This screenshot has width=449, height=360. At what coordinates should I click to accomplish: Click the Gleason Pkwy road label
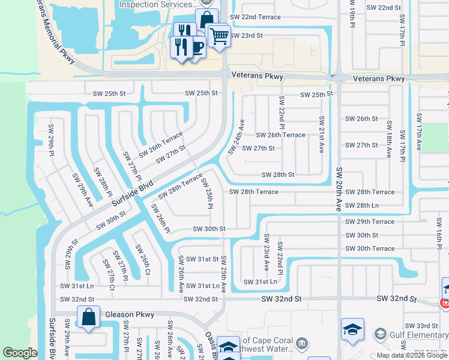[130, 314]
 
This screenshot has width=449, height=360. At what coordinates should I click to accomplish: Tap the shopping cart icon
[219, 36]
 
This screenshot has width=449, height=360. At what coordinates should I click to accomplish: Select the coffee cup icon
[196, 47]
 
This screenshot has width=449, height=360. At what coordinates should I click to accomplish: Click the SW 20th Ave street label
[339, 188]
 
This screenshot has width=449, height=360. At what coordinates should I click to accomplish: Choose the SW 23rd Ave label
[266, 252]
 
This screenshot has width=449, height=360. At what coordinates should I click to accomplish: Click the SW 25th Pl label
[207, 193]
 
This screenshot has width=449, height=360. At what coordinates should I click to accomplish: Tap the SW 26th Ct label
[143, 259]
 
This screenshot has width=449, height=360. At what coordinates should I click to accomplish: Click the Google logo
[20, 353]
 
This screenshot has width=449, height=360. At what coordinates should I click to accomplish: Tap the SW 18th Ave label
[389, 139]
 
